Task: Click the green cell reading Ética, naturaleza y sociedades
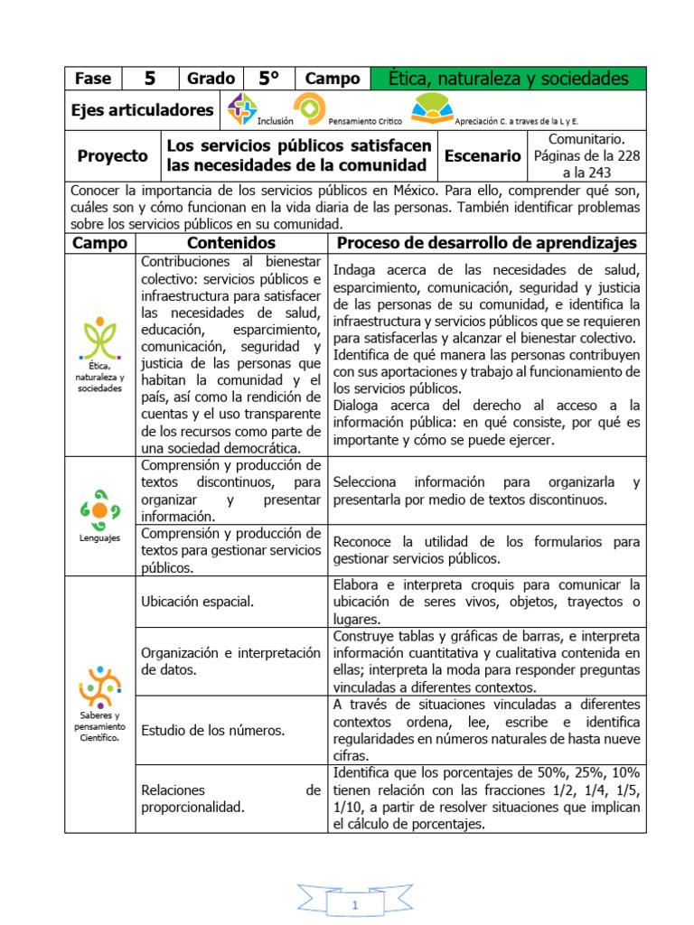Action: (x=508, y=79)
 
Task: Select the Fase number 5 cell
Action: (x=150, y=79)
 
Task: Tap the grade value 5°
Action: (x=267, y=79)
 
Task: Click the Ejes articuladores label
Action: (x=143, y=110)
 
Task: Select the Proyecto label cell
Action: (x=112, y=155)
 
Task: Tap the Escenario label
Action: (x=483, y=155)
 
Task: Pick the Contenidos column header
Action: (x=230, y=243)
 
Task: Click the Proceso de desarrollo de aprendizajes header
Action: (x=486, y=243)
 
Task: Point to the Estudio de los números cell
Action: (x=213, y=730)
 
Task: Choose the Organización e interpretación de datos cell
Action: (x=230, y=661)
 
